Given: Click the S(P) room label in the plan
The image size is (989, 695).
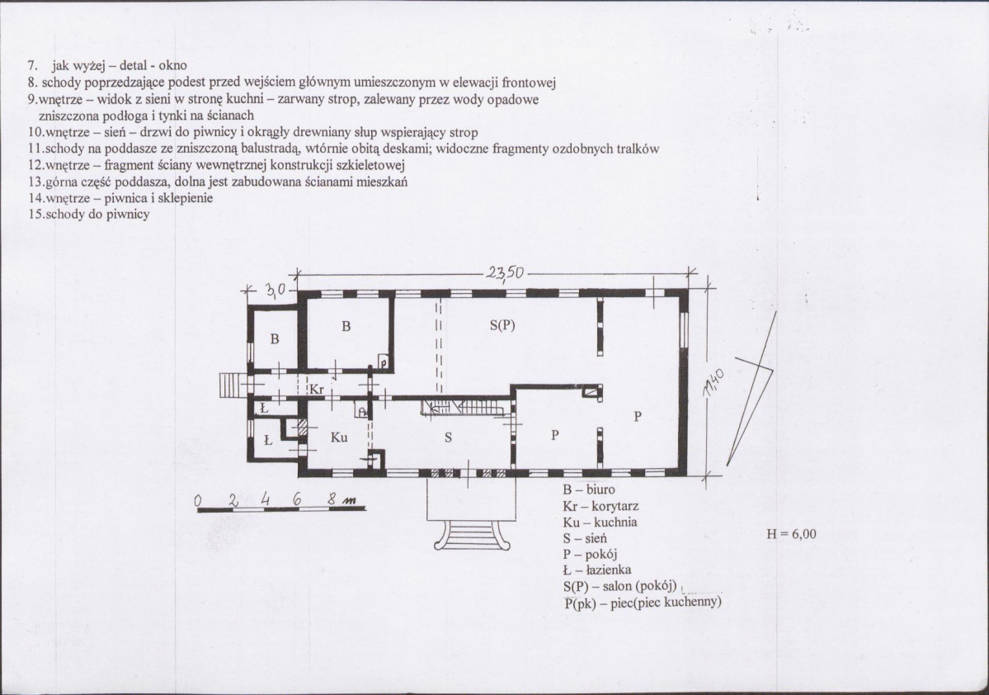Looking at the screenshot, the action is pyautogui.click(x=502, y=326).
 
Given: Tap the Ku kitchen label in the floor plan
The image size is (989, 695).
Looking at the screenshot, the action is pyautogui.click(x=339, y=437).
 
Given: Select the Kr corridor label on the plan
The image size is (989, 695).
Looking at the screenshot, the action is pyautogui.click(x=316, y=390).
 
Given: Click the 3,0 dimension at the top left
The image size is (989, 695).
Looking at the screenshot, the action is pyautogui.click(x=276, y=290).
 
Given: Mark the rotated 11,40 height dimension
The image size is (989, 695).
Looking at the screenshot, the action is pyautogui.click(x=713, y=383).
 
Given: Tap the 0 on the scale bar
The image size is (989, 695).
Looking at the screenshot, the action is pyautogui.click(x=197, y=501).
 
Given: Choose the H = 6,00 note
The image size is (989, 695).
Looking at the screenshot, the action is pyautogui.click(x=791, y=534).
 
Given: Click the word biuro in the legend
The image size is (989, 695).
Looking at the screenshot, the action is pyautogui.click(x=600, y=489).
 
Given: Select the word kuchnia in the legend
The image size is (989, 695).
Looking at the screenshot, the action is pyautogui.click(x=615, y=522).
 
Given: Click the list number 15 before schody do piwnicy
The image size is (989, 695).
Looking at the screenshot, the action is pyautogui.click(x=35, y=214).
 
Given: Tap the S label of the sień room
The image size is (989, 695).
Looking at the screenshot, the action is pyautogui.click(x=448, y=437).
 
